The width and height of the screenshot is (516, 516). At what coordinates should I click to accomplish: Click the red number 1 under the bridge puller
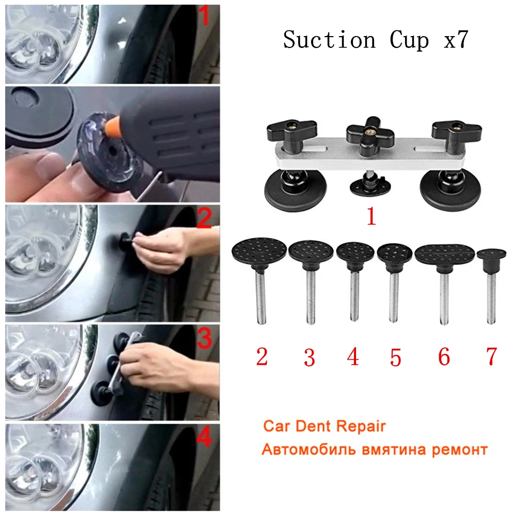click(x=371, y=217)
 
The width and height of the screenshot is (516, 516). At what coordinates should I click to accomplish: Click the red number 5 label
click(x=396, y=357)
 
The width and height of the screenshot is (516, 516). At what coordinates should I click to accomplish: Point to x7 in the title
click(x=456, y=40)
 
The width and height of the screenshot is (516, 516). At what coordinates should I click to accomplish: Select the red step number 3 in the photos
click(x=204, y=340)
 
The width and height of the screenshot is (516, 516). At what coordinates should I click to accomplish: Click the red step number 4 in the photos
click(x=204, y=438)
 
